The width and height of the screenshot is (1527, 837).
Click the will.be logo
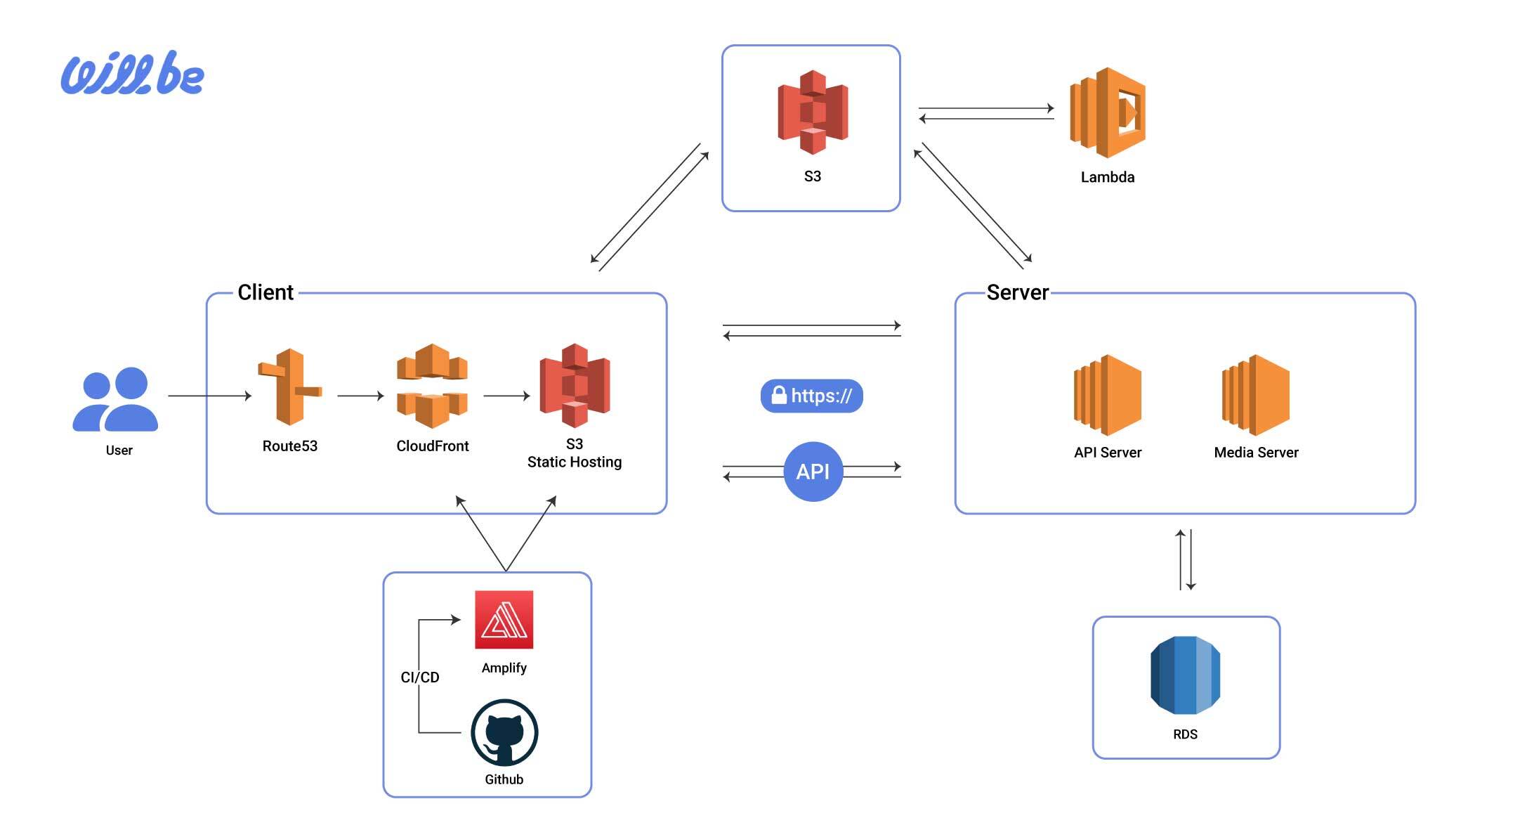click(x=133, y=73)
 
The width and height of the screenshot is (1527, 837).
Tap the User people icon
click(x=115, y=398)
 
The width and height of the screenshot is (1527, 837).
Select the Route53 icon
click(x=289, y=387)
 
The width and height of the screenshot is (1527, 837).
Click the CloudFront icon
click(x=432, y=386)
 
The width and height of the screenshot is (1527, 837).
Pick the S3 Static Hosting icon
click(x=575, y=385)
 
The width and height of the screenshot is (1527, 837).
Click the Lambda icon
click(x=1107, y=112)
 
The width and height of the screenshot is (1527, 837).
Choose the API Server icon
click(x=1107, y=395)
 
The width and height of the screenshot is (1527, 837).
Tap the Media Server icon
click(x=1256, y=395)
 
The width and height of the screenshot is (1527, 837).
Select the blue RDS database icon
click(x=1185, y=675)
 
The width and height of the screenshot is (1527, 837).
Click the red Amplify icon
click(x=504, y=619)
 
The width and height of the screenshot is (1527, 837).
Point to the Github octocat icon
click(x=504, y=732)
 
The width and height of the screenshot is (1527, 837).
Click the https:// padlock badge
click(x=811, y=396)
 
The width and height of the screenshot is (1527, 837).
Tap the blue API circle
click(x=813, y=472)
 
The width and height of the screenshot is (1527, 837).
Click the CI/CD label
click(x=420, y=677)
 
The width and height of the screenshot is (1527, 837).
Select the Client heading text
click(x=266, y=292)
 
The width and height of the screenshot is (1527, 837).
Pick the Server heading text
click(x=1017, y=292)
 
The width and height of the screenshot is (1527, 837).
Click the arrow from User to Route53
click(x=209, y=396)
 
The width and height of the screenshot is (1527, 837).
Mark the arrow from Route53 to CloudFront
click(x=360, y=396)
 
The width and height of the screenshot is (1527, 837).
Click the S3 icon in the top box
click(x=812, y=112)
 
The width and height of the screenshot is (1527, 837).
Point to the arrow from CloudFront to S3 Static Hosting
click(x=506, y=396)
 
